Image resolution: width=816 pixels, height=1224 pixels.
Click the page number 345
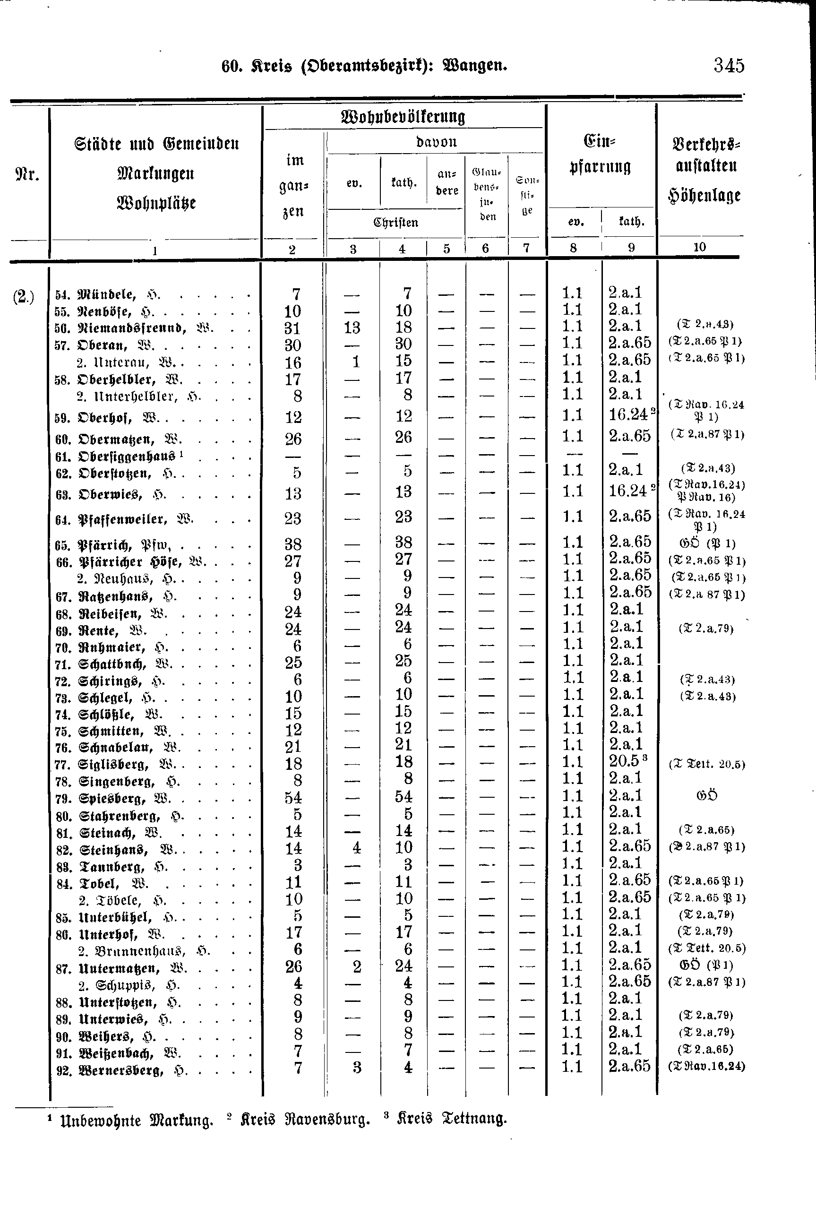[729, 66]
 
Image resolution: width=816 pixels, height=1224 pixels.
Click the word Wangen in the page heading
[474, 66]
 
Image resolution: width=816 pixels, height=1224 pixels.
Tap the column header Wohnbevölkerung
[402, 117]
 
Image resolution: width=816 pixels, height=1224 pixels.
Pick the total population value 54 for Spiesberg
[293, 797]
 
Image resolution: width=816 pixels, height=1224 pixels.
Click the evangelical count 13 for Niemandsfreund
[352, 328]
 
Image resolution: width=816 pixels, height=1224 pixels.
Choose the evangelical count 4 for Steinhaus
[356, 848]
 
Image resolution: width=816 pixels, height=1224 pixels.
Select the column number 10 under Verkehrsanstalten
[699, 247]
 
